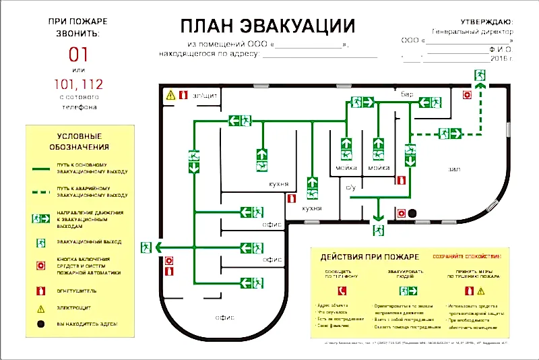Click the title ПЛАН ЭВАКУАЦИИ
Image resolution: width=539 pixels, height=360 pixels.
(267, 26)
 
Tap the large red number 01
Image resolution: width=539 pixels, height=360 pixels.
(80, 53)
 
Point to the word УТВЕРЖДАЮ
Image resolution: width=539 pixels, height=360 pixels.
(486, 22)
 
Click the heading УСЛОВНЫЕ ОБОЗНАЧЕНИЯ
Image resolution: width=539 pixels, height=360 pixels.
(80, 141)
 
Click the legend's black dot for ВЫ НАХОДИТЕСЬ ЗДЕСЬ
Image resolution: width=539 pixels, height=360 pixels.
(42, 324)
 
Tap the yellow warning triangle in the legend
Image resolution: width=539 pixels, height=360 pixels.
(42, 308)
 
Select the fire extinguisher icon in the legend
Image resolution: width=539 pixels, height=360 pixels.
(42, 291)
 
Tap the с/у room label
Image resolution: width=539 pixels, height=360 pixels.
(350, 189)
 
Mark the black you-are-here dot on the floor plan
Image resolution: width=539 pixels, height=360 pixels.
(413, 213)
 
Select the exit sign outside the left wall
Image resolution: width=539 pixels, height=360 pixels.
(146, 247)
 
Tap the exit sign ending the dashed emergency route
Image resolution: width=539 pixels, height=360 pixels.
(480, 73)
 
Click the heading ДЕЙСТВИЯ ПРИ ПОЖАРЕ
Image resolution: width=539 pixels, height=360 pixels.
(369, 257)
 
